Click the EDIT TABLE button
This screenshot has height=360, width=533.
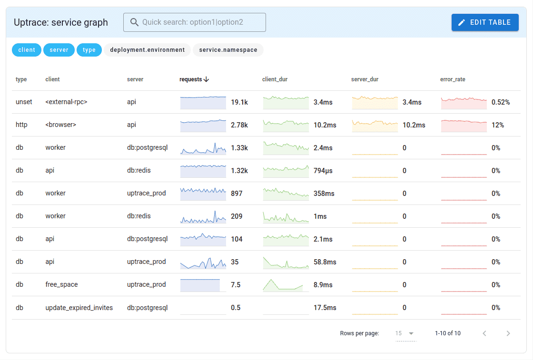pyautogui.click(x=485, y=22)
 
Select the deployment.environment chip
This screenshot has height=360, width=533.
pyautogui.click(x=147, y=50)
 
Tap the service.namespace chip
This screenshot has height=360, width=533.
pyautogui.click(x=228, y=50)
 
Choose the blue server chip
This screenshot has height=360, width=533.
pyautogui.click(x=59, y=50)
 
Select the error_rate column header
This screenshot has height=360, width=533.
pyautogui.click(x=453, y=79)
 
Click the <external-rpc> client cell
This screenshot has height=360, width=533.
pyautogui.click(x=66, y=102)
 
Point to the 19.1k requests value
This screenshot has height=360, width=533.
pyautogui.click(x=239, y=102)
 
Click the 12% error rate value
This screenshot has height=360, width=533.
pyautogui.click(x=498, y=125)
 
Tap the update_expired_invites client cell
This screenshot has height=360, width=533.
pyautogui.click(x=79, y=308)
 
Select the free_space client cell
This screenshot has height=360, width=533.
pyautogui.click(x=61, y=285)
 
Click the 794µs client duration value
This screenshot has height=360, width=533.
pyautogui.click(x=323, y=171)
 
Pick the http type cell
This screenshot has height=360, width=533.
pyautogui.click(x=21, y=125)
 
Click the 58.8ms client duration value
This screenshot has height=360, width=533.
pyautogui.click(x=325, y=262)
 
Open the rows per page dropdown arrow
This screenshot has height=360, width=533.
pyautogui.click(x=411, y=333)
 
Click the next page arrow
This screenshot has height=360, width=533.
pyautogui.click(x=508, y=333)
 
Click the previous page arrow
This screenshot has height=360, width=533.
pyautogui.click(x=484, y=333)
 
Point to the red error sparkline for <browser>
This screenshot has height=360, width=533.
pyautogui.click(x=464, y=126)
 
